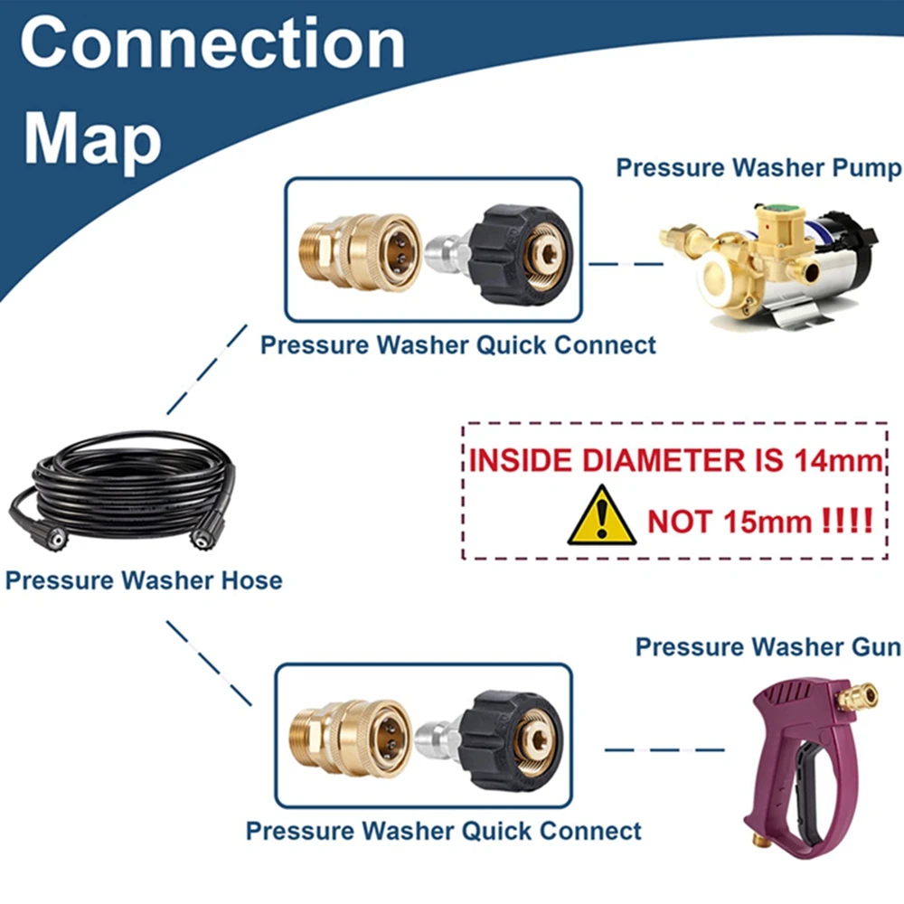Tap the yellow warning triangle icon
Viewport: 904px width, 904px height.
pos(601,517)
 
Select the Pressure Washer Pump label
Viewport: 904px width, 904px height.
pos(758,168)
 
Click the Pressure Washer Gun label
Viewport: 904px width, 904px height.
pos(767,647)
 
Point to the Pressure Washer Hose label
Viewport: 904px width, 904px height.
pos(144,579)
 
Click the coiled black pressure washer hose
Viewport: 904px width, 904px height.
pos(122,492)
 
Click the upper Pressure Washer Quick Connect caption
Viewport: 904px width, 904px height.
pos(458,344)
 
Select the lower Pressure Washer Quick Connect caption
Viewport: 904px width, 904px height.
pos(444,831)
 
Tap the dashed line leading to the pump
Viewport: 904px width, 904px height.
pos(625,264)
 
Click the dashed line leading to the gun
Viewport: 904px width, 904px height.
pos(664,749)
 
